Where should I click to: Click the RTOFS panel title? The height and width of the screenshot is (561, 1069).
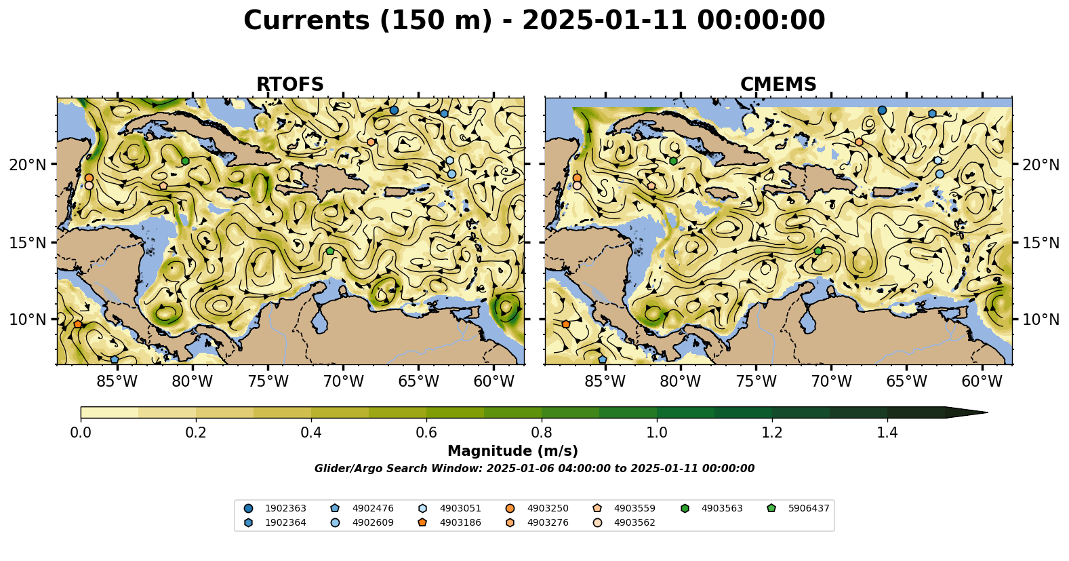click(x=289, y=85)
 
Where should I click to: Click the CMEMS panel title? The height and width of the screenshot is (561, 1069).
click(x=778, y=85)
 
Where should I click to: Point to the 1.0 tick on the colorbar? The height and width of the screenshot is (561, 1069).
click(x=657, y=433)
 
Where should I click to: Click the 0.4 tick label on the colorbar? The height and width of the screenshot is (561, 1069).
click(x=311, y=433)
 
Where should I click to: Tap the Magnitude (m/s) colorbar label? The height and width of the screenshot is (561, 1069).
click(x=512, y=451)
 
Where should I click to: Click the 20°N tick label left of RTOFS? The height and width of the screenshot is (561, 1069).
click(x=28, y=165)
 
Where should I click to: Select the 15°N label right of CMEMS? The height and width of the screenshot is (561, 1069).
click(x=1041, y=243)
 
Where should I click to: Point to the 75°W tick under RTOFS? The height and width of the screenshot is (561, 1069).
click(x=268, y=382)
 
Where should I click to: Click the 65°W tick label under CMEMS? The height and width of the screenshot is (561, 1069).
click(x=906, y=382)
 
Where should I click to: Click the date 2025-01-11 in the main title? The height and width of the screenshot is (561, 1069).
click(x=604, y=20)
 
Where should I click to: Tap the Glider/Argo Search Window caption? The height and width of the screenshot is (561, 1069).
click(x=534, y=469)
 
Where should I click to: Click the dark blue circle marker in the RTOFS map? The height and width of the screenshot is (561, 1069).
click(x=394, y=110)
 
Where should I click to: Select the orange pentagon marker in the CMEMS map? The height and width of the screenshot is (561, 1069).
click(x=566, y=324)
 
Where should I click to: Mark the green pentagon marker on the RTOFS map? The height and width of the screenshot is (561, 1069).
click(x=330, y=251)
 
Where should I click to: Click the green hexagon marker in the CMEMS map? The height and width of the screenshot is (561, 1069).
click(x=673, y=161)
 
